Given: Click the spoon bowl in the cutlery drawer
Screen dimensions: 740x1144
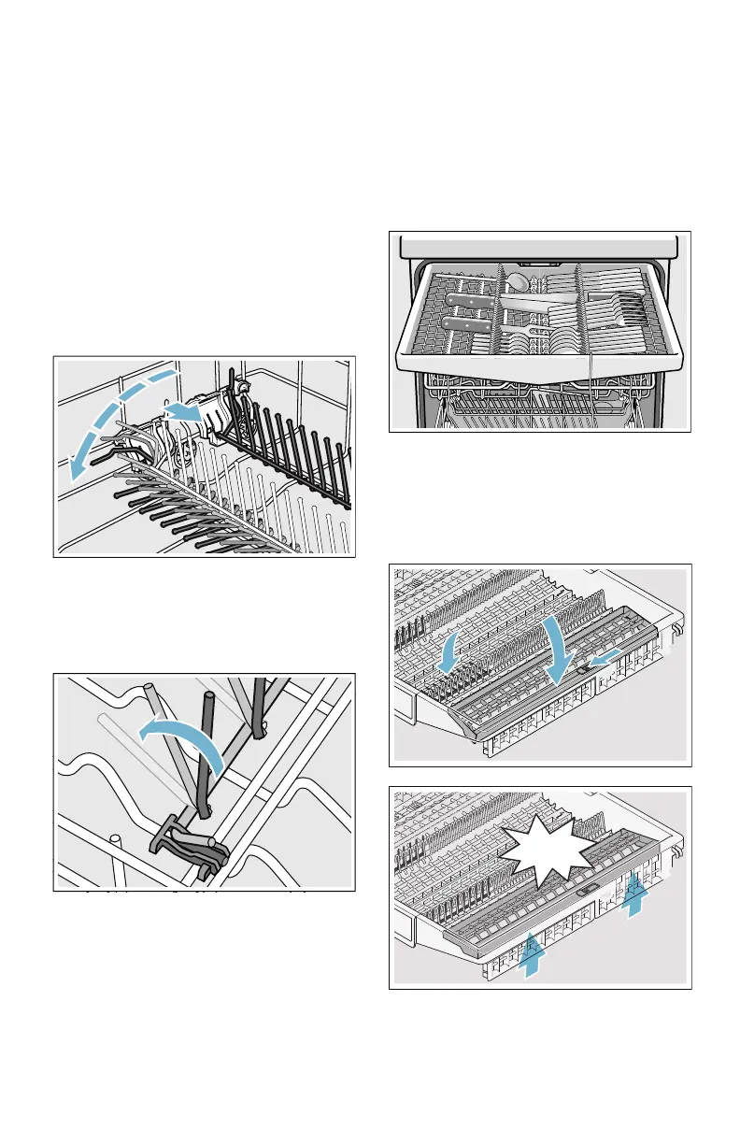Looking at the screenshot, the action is [x=516, y=280].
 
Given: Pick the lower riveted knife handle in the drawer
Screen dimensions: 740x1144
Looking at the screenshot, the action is [x=458, y=323].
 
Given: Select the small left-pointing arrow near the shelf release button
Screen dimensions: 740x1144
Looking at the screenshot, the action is [x=603, y=661].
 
